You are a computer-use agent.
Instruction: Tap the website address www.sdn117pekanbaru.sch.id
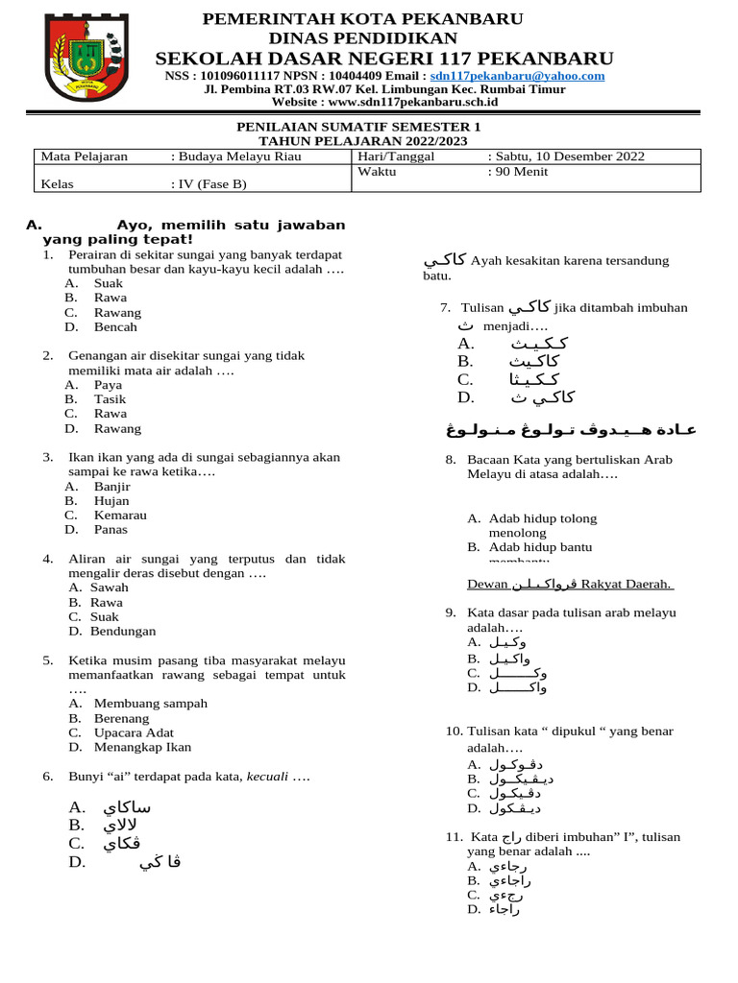412,102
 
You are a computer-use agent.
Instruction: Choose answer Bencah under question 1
115,327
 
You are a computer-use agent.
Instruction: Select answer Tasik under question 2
110,399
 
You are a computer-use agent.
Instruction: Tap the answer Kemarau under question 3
120,515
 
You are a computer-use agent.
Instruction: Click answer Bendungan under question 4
123,632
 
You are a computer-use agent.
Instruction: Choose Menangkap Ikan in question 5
142,747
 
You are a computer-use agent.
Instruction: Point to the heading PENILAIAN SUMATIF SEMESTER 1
359,127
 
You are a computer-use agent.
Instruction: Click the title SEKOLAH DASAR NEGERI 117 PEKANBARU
384,59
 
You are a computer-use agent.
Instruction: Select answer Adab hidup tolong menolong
542,525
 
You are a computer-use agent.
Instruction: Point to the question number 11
454,837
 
